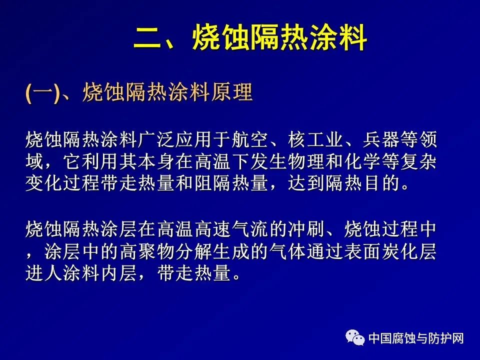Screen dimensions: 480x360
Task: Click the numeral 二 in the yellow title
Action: (147, 37)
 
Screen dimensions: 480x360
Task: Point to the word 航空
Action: (249, 139)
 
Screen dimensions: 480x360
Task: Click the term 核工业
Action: (315, 139)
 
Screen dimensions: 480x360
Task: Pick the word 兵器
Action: (381, 139)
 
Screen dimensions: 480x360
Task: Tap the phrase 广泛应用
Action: (175, 139)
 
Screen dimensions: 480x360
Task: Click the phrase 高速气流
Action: (231, 229)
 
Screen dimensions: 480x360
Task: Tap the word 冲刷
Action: (305, 229)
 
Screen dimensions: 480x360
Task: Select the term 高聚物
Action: (146, 251)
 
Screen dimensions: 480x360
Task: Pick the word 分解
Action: (193, 251)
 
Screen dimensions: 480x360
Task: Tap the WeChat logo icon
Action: (355, 337)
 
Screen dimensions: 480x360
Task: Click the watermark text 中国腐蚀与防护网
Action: (416, 338)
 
